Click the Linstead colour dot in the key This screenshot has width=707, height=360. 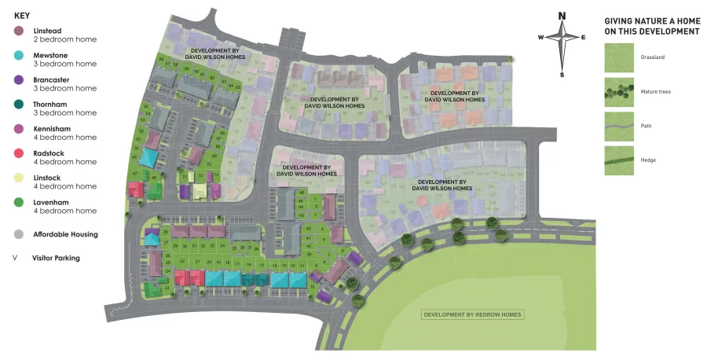(19, 31)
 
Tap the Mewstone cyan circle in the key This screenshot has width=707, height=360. (19, 55)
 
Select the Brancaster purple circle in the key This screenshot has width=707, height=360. (19, 79)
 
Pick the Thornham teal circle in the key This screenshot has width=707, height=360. (19, 104)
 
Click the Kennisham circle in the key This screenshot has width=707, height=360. (19, 129)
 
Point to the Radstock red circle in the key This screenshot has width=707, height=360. (19, 153)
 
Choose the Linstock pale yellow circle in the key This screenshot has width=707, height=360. (19, 178)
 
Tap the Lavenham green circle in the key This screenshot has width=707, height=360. (19, 202)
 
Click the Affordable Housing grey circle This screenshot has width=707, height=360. (19, 233)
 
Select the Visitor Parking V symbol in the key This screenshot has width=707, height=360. (16, 257)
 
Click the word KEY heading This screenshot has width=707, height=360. (22, 15)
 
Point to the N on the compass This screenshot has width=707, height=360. (562, 16)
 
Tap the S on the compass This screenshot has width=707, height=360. (562, 75)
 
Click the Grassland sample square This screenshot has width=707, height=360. (617, 57)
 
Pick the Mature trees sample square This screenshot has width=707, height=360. (617, 91)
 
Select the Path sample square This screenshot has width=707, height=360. (617, 126)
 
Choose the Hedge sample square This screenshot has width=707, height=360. (617, 160)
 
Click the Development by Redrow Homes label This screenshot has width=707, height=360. (472, 314)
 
